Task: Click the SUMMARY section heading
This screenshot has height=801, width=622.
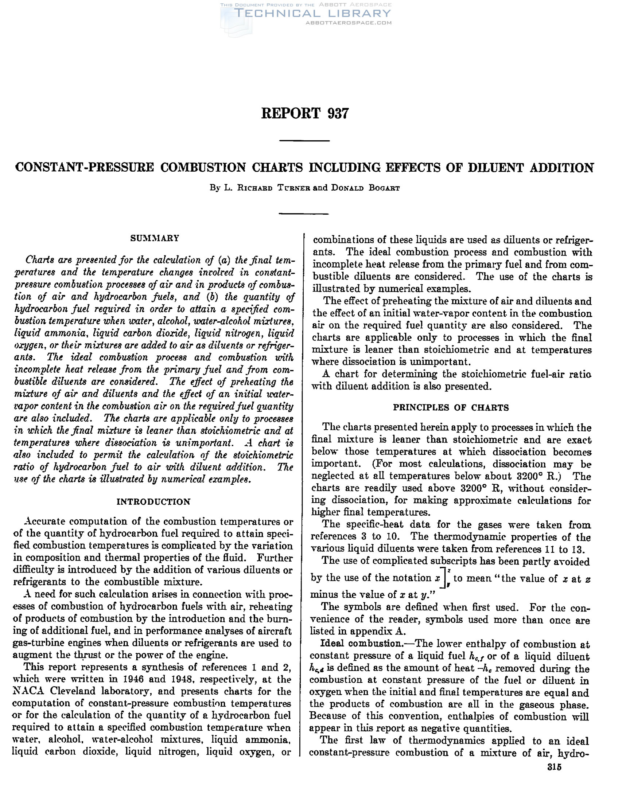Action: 155,238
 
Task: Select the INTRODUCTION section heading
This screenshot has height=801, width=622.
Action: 153,502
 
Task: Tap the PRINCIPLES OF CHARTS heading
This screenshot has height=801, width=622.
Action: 451,407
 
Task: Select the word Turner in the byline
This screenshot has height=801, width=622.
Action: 291,188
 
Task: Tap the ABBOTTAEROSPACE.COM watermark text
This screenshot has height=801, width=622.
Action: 348,23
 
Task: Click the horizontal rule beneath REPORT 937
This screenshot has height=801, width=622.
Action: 304,141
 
